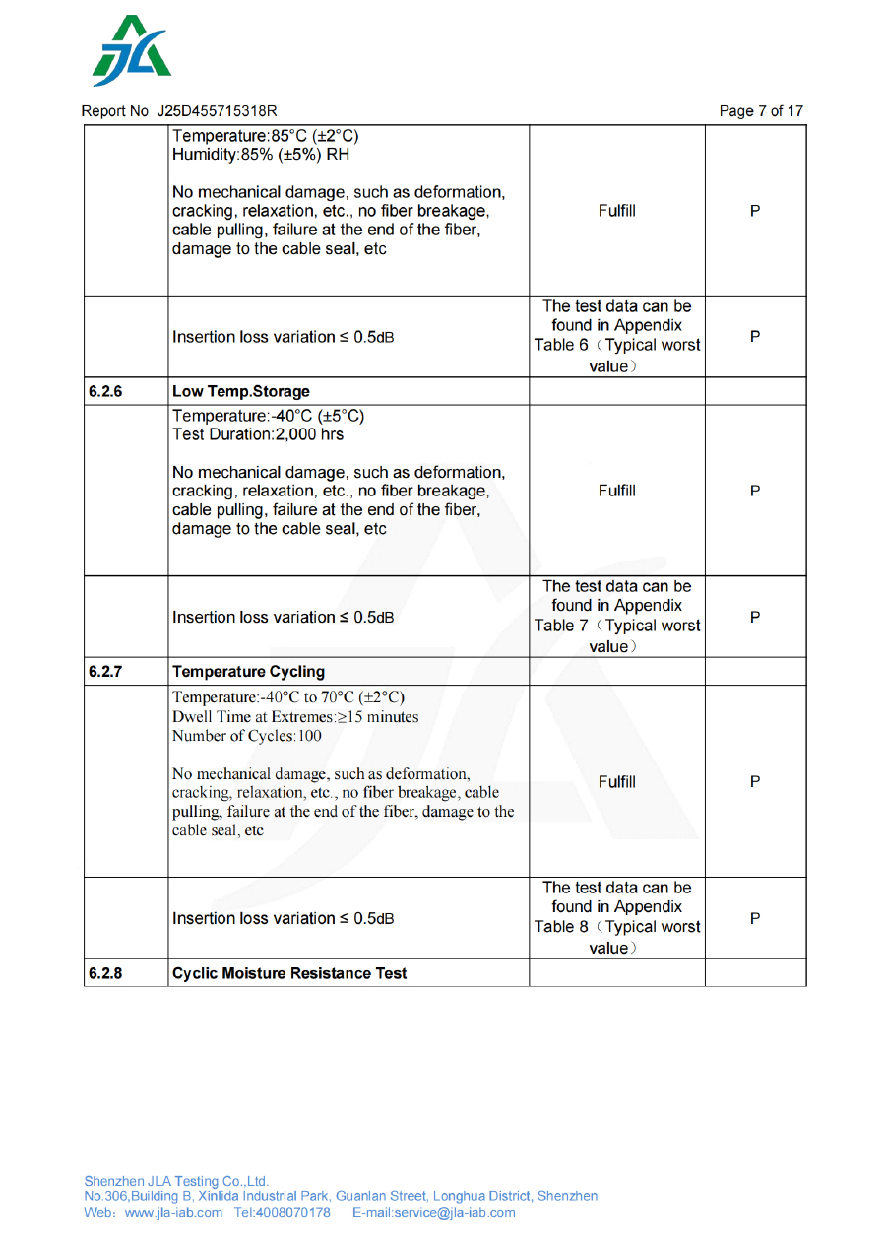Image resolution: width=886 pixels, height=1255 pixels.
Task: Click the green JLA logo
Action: tap(132, 51)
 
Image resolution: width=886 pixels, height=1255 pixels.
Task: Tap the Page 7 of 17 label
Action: tap(761, 111)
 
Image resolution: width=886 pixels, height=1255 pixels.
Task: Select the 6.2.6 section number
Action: tap(105, 391)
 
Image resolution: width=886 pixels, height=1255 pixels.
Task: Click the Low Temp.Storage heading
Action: tap(241, 391)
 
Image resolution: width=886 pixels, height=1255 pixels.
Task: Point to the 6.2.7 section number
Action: tap(105, 671)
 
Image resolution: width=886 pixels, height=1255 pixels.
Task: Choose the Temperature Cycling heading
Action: tap(248, 671)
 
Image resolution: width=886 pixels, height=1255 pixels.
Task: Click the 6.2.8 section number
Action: tap(105, 973)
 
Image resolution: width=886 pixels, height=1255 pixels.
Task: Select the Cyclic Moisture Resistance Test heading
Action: tap(289, 973)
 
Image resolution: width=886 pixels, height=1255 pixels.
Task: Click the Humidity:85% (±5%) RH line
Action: tap(260, 154)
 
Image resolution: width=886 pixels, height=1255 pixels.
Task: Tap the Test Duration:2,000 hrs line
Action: tap(258, 433)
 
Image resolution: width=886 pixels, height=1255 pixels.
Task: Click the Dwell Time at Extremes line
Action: tap(295, 716)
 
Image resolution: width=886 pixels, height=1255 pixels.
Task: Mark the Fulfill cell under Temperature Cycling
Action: tap(617, 781)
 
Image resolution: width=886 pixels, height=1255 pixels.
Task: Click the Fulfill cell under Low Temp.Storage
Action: tap(617, 491)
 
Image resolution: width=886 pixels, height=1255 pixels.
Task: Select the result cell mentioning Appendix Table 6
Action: tap(617, 336)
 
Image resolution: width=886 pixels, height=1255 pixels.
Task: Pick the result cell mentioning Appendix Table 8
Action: tap(617, 917)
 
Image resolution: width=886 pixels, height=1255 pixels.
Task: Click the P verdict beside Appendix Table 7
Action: tap(755, 617)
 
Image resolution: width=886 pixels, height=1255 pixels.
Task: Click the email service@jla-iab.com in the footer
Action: tap(454, 1212)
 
